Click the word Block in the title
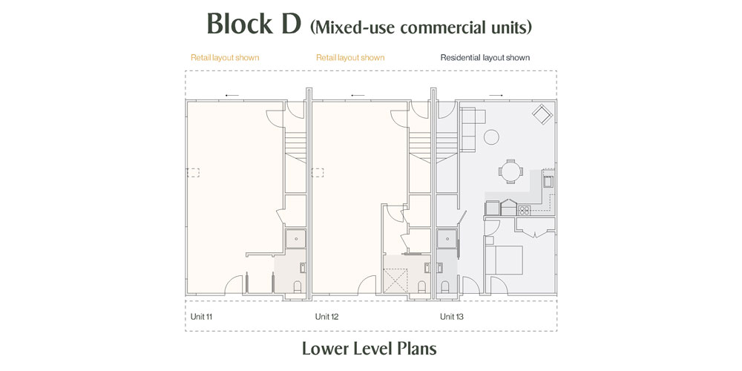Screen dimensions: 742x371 (x=240, y=24)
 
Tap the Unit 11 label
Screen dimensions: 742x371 (x=201, y=317)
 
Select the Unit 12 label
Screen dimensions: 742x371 (x=326, y=317)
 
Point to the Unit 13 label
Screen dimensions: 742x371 (x=451, y=317)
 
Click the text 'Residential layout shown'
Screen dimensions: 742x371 (x=485, y=58)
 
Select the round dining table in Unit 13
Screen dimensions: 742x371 (x=510, y=171)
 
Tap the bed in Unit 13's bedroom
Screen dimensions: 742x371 (x=505, y=259)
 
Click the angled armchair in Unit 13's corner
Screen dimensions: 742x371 (x=542, y=114)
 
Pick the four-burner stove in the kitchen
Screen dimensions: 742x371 (x=524, y=210)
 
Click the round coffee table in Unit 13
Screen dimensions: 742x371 (x=491, y=137)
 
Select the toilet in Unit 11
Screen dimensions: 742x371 (x=298, y=286)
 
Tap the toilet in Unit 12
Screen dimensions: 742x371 (x=422, y=286)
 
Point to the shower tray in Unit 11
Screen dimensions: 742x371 (x=296, y=239)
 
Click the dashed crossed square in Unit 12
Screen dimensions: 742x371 (x=395, y=281)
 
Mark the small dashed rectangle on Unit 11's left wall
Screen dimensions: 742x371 (x=193, y=173)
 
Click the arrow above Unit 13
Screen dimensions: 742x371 (x=496, y=96)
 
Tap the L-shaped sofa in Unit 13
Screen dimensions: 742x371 (x=469, y=129)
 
